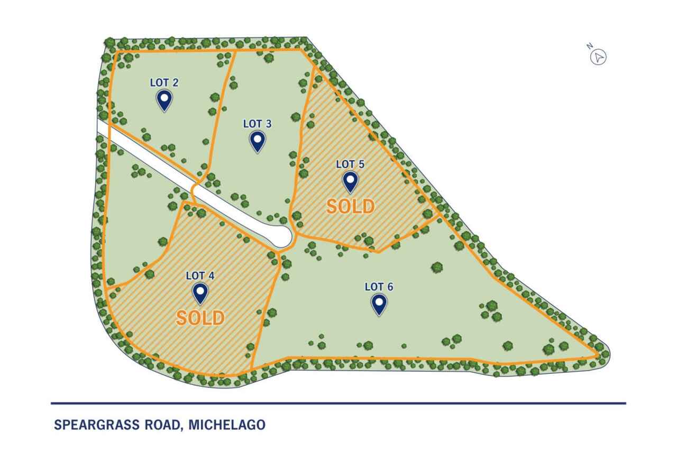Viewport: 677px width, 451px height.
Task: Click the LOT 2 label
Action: pos(164,82)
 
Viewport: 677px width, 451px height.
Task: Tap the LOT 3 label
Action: pos(257,124)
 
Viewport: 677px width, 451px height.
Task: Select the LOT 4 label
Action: pos(200,275)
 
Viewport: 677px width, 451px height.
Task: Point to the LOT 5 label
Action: pos(350,164)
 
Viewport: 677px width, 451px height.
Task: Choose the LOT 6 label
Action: pos(379,287)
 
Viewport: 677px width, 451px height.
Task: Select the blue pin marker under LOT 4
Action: pos(200,292)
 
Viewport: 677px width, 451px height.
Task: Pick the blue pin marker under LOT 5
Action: pos(350,181)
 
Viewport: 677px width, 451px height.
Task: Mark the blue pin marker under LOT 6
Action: pos(379,303)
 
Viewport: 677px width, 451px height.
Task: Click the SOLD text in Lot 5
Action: pos(350,207)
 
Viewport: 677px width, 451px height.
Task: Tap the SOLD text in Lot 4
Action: pos(200,318)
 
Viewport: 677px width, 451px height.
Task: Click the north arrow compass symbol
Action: pos(598,57)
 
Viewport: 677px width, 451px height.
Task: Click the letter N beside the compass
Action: pos(589,47)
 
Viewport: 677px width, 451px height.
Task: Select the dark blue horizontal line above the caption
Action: pos(338,403)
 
